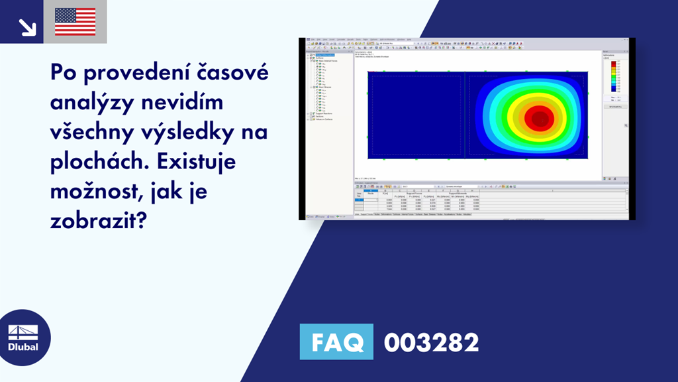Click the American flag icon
click(75, 21)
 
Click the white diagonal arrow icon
click(26, 26)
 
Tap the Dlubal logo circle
click(23, 338)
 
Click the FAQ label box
click(336, 342)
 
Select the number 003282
click(431, 342)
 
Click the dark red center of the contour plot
click(538, 119)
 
